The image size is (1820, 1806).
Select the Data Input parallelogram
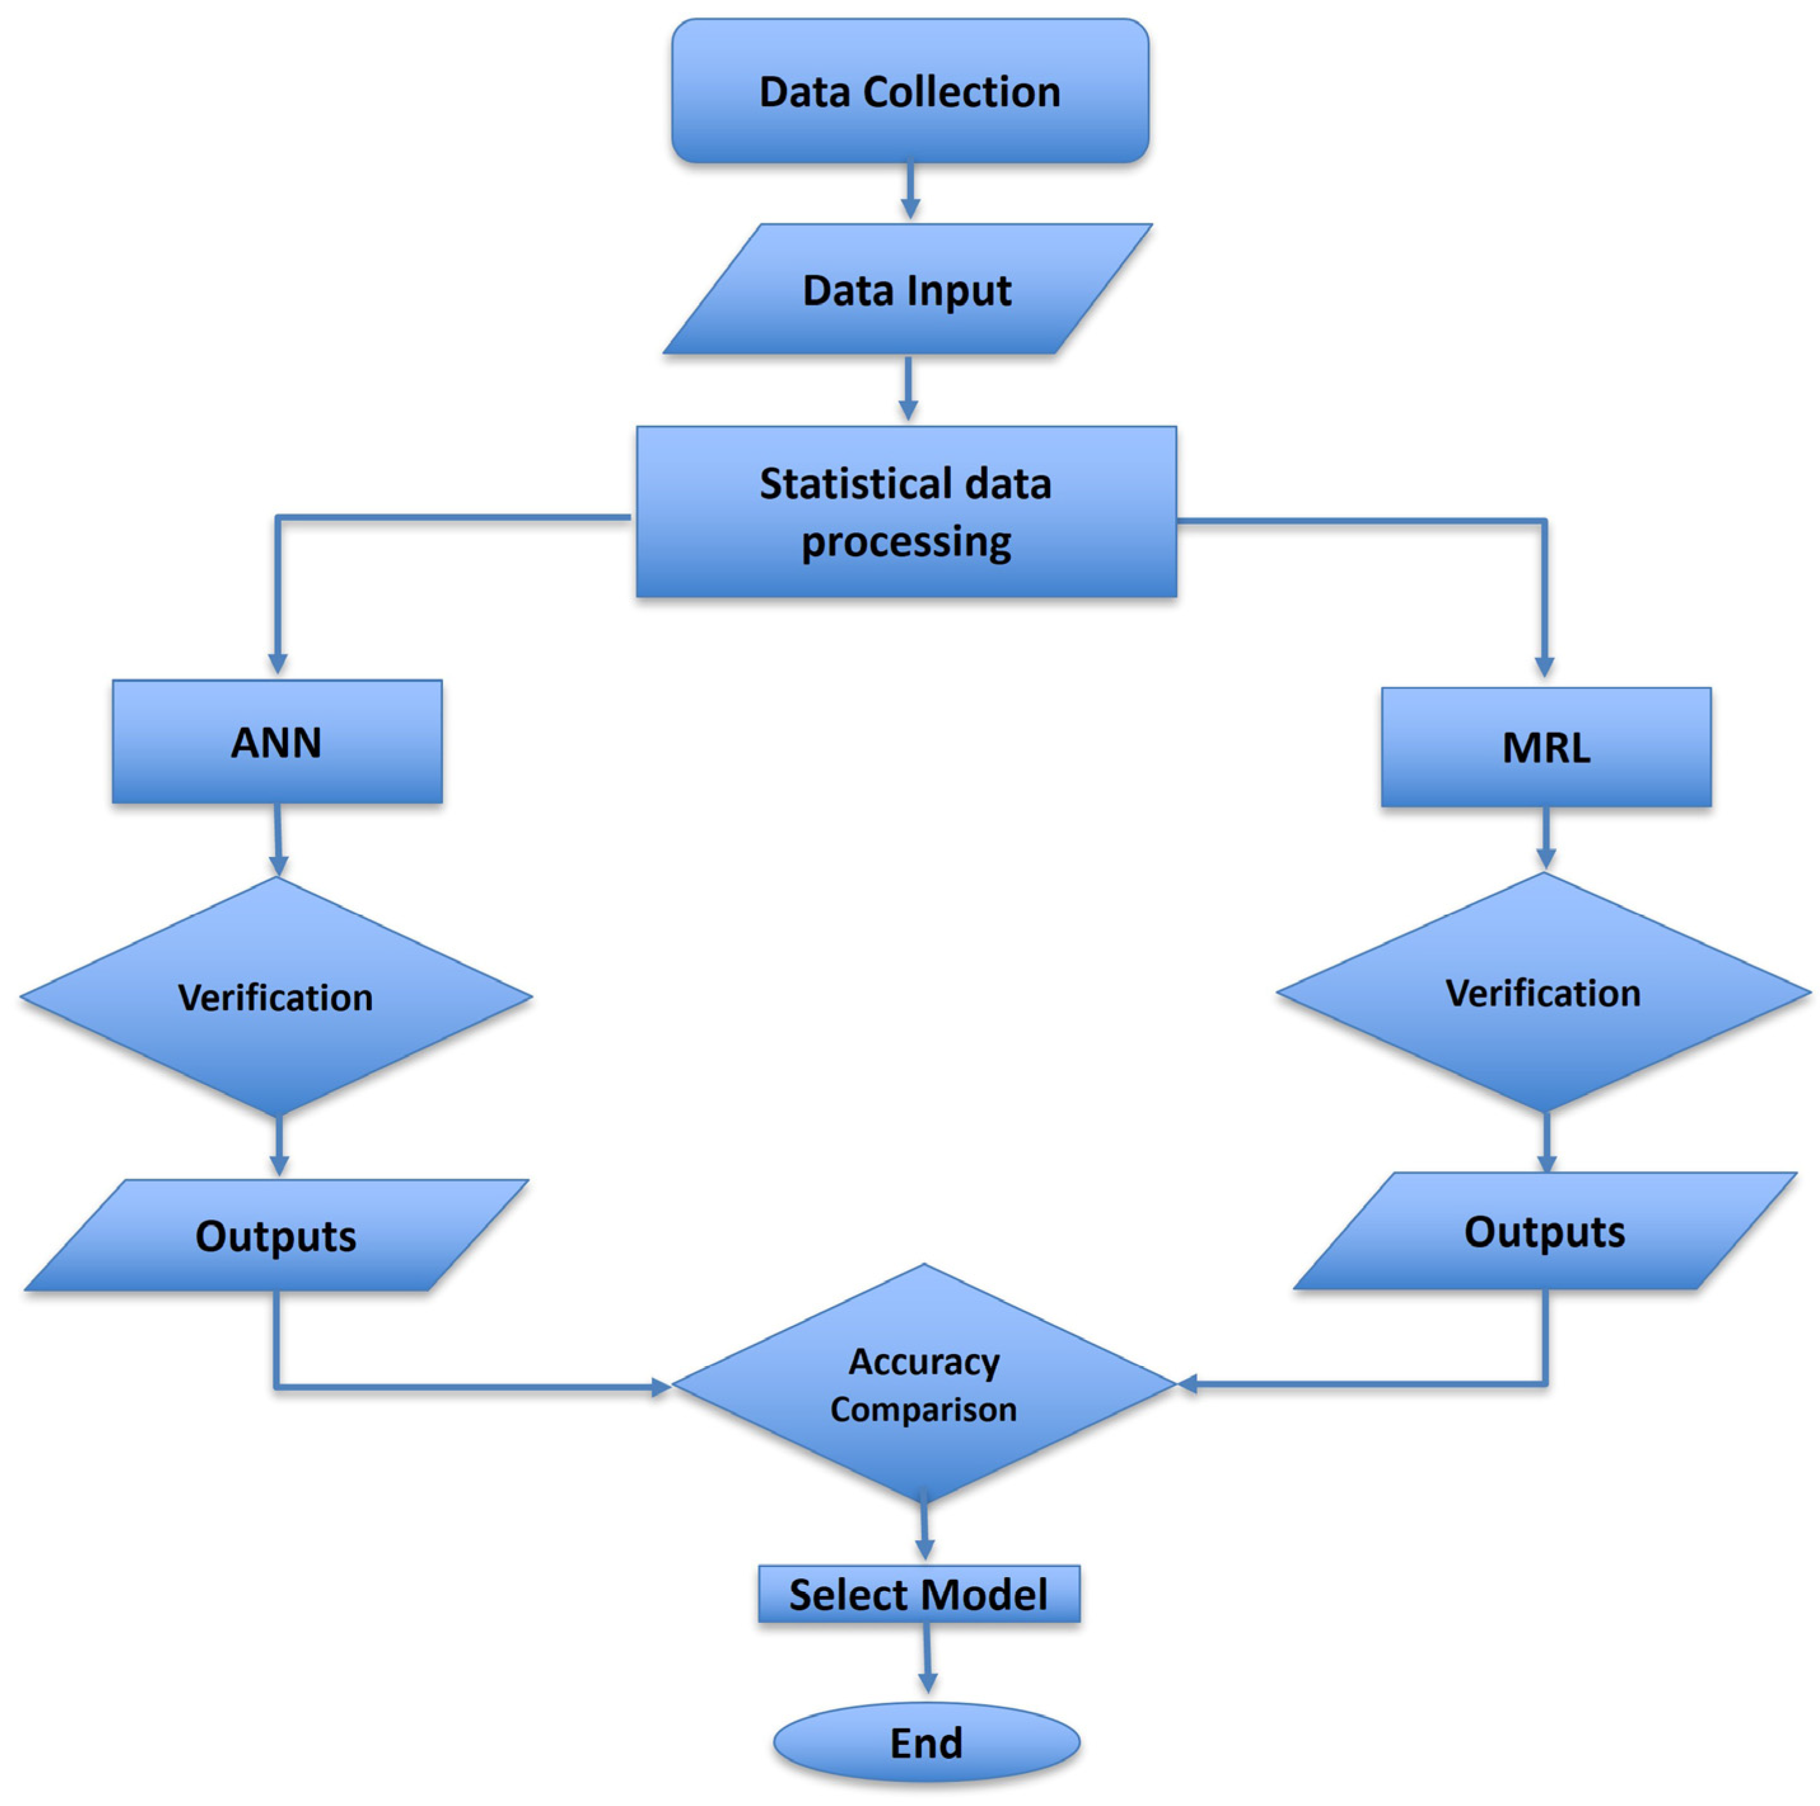coord(907,289)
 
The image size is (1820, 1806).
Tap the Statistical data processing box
coord(907,512)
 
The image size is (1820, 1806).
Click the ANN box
coord(277,742)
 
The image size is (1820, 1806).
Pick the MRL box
coord(1546,747)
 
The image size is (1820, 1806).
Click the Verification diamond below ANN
coord(276,997)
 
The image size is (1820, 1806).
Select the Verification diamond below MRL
coord(1543,993)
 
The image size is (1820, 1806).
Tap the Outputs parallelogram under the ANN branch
coord(276,1235)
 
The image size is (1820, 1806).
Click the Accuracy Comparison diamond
coord(924,1385)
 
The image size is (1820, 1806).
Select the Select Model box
coord(919,1594)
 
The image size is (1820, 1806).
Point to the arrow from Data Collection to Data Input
coord(910,192)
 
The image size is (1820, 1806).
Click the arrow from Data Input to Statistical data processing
coord(908,389)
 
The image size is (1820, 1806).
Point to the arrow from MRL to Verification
coord(1545,838)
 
